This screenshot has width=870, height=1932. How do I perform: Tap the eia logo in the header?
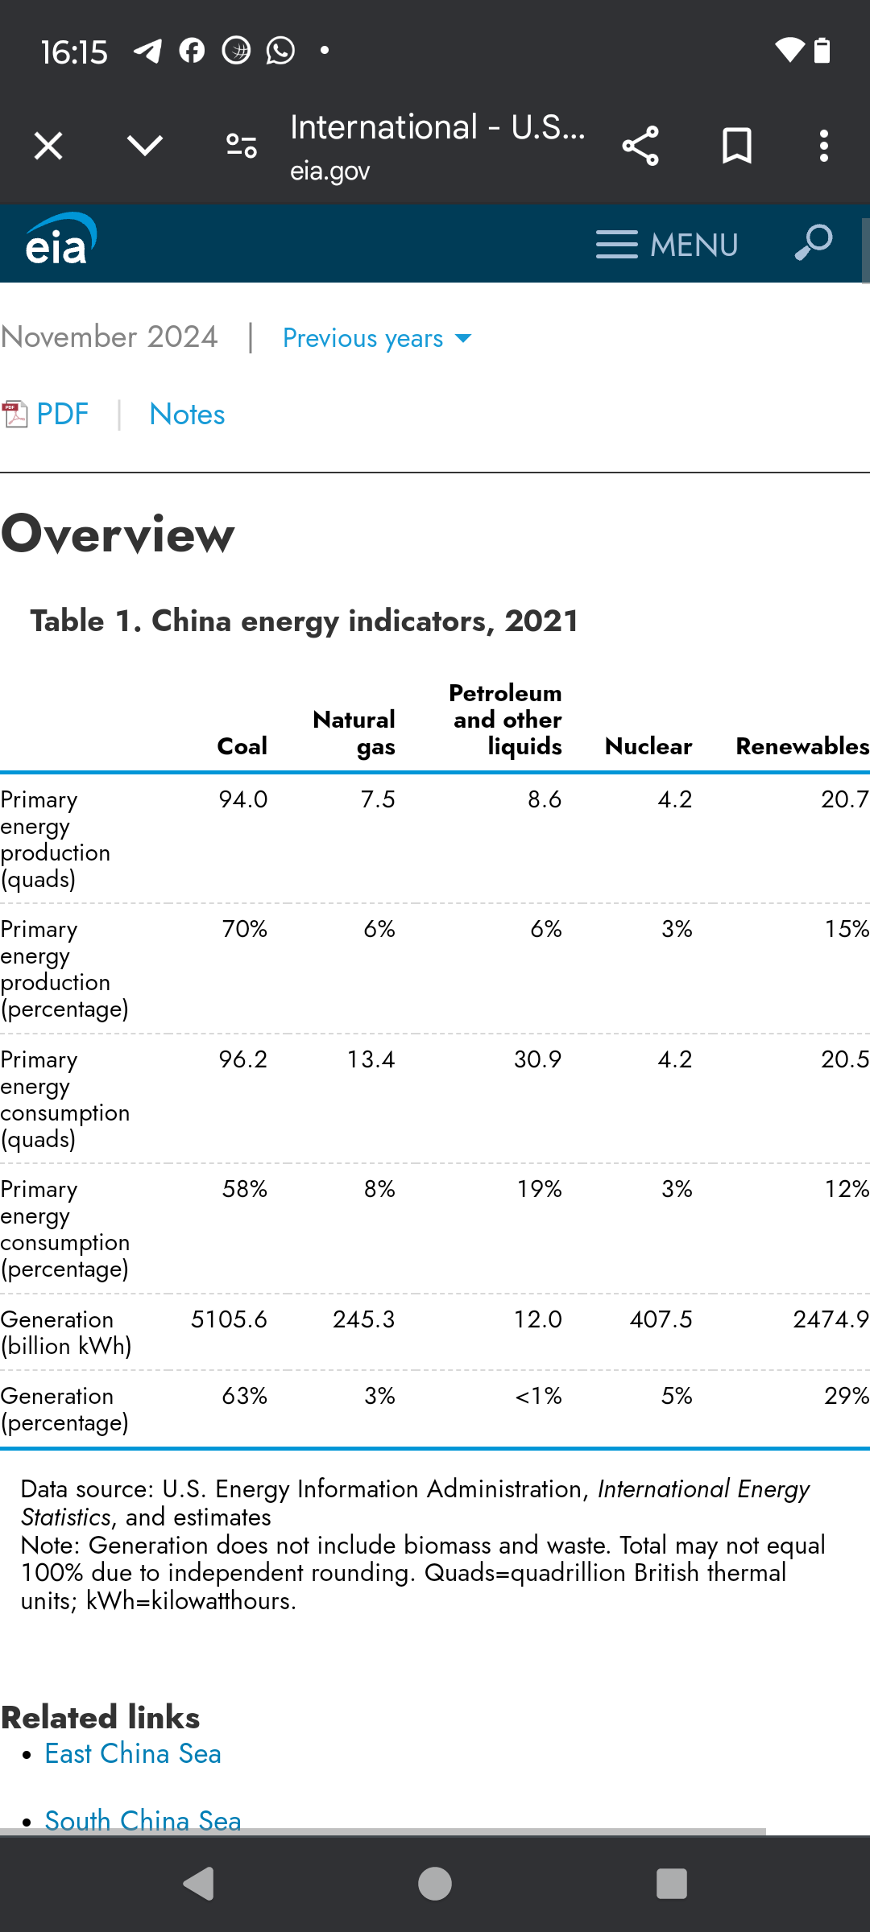click(61, 240)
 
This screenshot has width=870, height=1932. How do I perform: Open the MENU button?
click(667, 245)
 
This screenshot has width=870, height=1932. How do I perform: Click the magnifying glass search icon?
click(813, 242)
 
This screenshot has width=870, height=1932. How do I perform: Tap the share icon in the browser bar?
click(640, 146)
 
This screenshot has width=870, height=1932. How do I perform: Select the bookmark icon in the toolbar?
click(737, 146)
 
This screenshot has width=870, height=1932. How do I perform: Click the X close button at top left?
click(48, 146)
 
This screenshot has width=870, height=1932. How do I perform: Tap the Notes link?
click(187, 415)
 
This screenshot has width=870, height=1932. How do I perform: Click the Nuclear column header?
click(648, 746)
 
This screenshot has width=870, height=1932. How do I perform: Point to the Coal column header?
click(242, 746)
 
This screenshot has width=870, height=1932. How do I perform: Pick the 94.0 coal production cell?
click(243, 799)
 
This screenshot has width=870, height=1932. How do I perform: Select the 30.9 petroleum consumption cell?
click(538, 1059)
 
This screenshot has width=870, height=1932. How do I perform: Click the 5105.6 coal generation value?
click(229, 1319)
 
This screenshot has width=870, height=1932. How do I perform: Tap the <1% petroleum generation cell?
click(539, 1396)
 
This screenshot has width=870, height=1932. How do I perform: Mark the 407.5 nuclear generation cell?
click(661, 1319)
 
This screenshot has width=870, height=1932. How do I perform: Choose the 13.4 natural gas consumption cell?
click(371, 1059)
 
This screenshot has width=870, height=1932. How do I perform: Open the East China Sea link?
click(133, 1754)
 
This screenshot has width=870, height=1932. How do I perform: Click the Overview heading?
click(118, 535)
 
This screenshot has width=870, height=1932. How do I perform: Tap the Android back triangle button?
click(198, 1884)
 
